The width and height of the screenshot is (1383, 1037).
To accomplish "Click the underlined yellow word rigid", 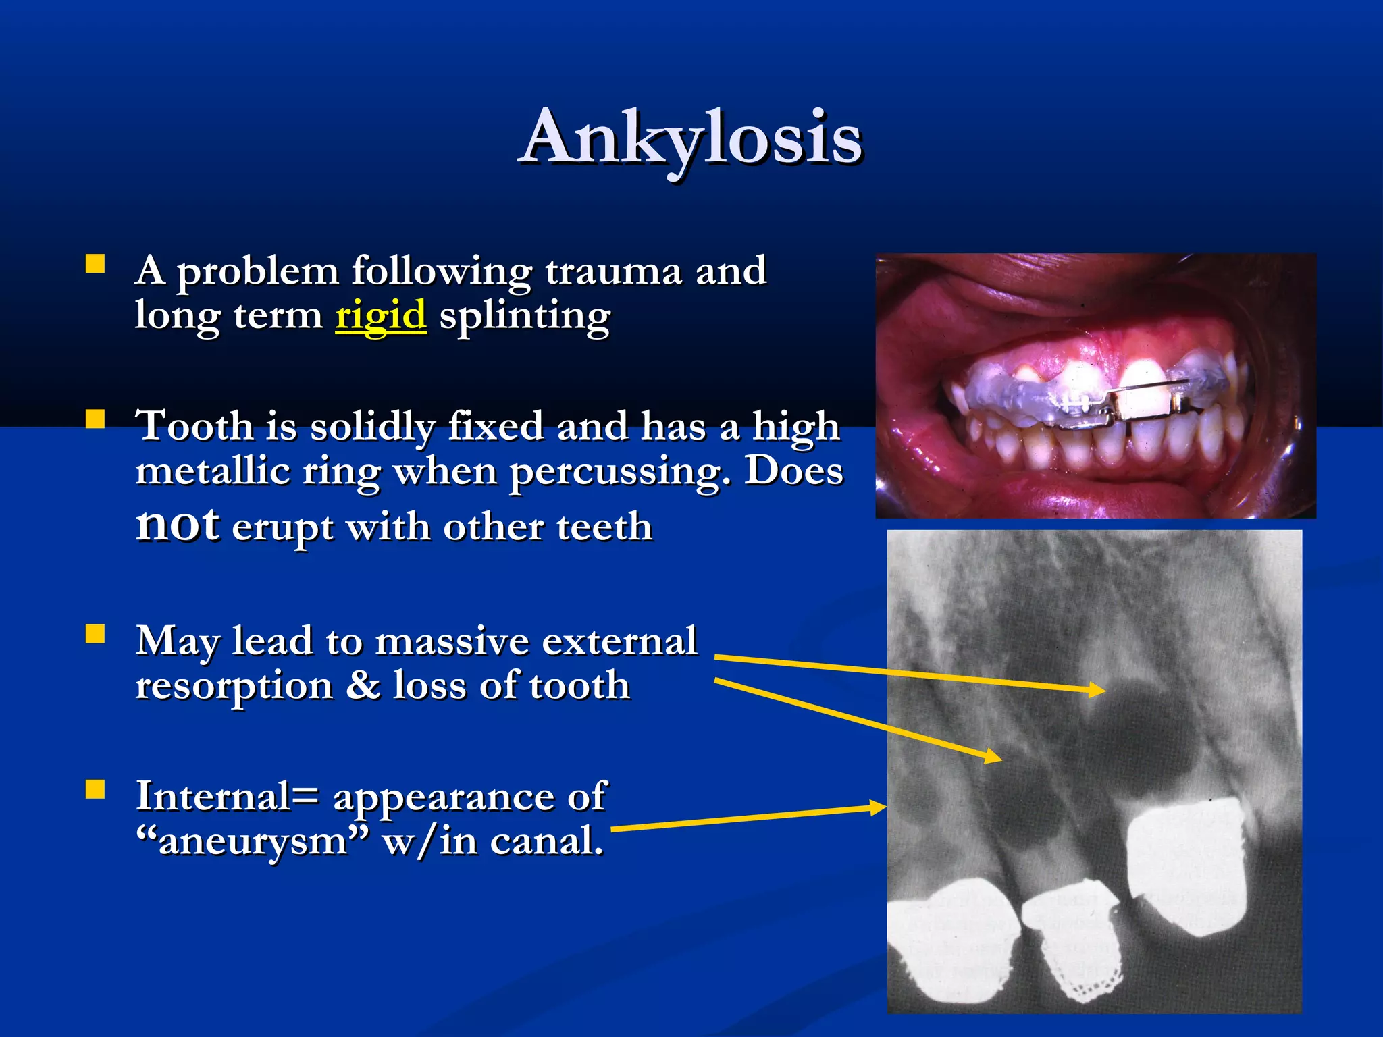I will pos(380,316).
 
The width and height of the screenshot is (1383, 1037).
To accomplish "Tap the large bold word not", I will pos(177,524).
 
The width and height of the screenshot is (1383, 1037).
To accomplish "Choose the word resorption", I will pos(234,687).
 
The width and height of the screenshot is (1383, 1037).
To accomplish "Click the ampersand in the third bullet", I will pos(363,685).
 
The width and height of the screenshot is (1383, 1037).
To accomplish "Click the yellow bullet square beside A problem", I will pos(95,263).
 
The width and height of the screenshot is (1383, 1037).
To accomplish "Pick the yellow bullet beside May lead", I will pos(95,634).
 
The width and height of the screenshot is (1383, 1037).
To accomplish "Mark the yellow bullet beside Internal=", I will pos(95,789).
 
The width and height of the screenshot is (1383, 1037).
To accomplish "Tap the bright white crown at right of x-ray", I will pos(1185,868).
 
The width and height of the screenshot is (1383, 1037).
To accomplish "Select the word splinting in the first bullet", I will pos(525,316).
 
